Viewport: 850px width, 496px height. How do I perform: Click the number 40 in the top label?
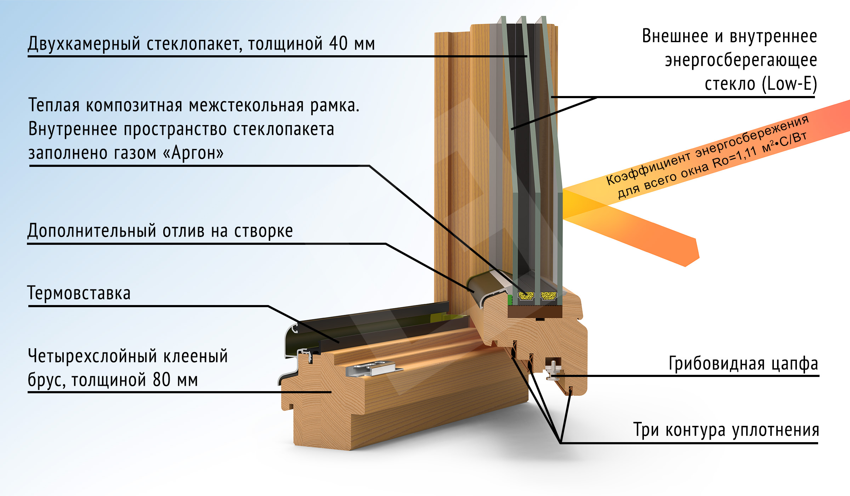(338, 44)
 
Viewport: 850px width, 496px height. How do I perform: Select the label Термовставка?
(79, 294)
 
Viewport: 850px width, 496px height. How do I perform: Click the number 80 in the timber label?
(162, 380)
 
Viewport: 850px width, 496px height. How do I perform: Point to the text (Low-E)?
(789, 84)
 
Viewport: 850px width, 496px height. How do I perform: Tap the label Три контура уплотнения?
(726, 430)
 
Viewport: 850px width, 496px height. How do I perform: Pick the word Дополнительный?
(92, 231)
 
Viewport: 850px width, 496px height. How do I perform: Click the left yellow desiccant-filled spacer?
(526, 295)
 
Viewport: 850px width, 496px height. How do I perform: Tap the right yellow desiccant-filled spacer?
(549, 295)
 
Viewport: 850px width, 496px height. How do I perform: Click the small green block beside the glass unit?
(510, 300)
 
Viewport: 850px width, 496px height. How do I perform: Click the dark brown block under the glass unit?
(535, 311)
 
